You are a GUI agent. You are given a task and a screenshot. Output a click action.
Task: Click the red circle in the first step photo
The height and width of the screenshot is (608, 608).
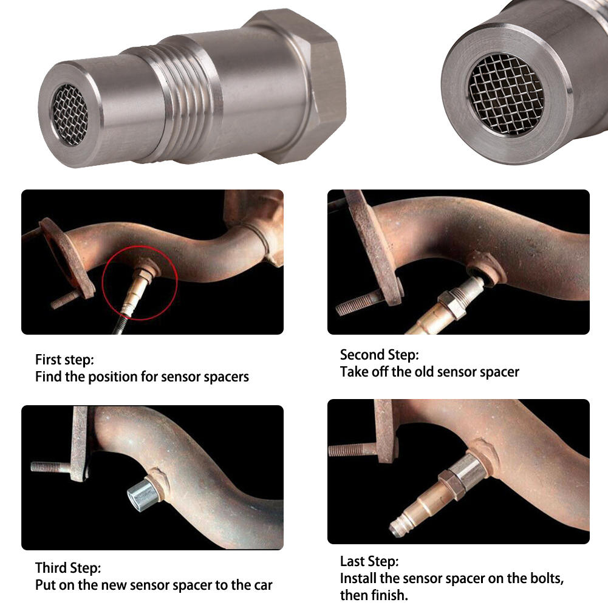140,246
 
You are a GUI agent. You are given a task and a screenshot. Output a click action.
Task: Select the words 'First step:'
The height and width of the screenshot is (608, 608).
64,360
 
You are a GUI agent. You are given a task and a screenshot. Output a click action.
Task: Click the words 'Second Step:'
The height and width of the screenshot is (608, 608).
379,355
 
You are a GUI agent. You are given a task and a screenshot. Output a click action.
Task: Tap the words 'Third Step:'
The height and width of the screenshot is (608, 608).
68,569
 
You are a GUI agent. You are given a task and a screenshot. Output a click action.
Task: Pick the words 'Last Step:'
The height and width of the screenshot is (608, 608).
369,561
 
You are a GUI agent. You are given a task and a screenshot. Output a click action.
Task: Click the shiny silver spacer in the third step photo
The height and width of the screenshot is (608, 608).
142,493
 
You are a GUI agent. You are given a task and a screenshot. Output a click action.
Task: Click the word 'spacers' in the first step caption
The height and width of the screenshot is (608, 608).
226,377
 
